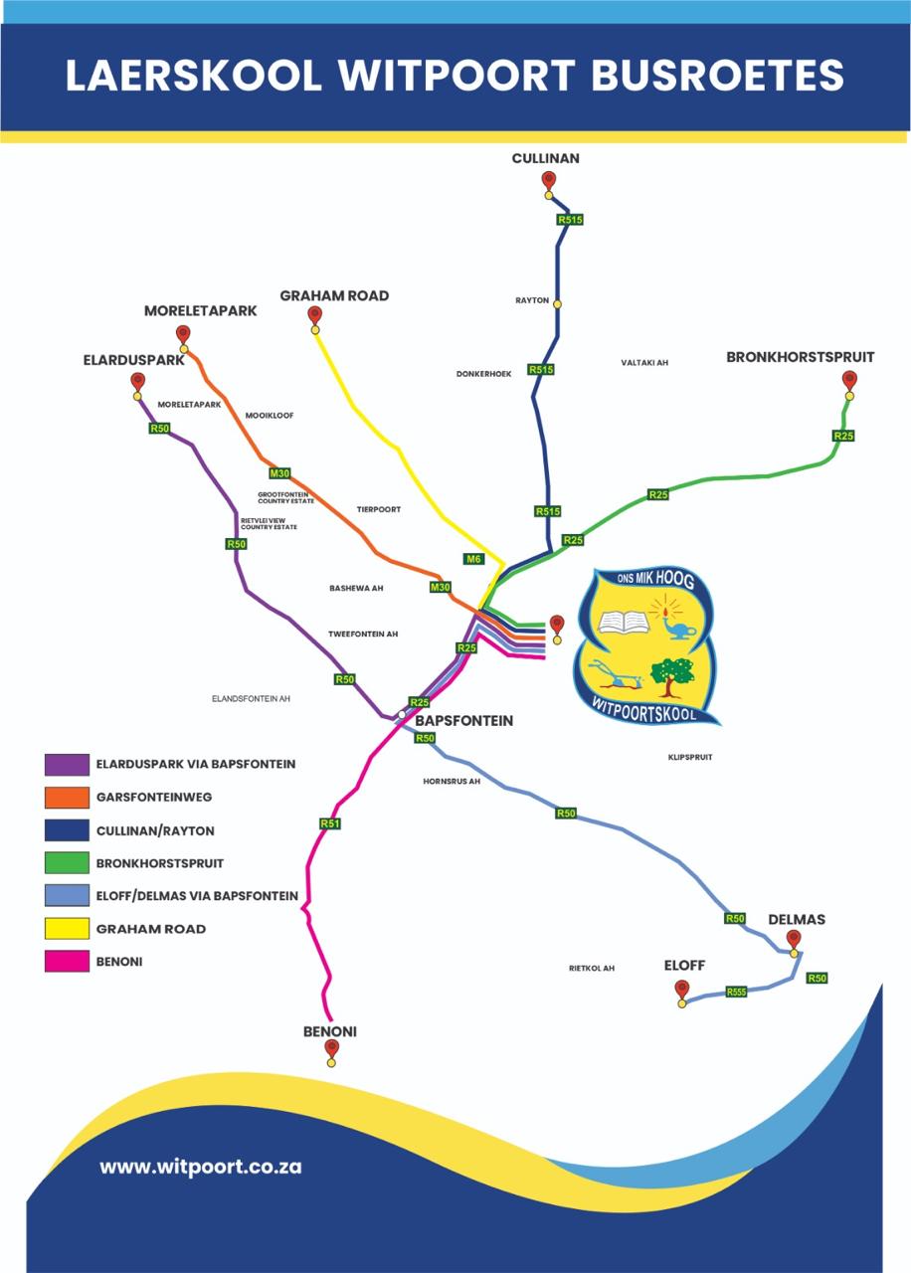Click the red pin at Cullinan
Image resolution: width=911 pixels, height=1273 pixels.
(x=548, y=181)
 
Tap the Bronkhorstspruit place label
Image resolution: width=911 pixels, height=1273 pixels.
(x=801, y=357)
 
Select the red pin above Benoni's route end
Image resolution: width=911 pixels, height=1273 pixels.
(x=331, y=1048)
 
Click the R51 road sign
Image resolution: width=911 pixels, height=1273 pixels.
(x=330, y=823)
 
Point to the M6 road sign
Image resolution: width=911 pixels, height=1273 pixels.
(x=473, y=559)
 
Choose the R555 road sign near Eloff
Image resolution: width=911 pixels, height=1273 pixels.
(x=736, y=993)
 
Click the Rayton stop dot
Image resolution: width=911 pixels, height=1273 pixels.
(x=558, y=304)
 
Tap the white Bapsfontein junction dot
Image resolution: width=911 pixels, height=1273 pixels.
(x=402, y=714)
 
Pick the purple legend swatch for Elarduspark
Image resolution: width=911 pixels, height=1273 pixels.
(x=67, y=765)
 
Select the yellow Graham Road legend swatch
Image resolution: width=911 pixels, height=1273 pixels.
(x=67, y=929)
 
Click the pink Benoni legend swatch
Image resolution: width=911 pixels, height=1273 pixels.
(x=67, y=962)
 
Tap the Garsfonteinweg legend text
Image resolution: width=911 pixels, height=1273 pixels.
(x=154, y=797)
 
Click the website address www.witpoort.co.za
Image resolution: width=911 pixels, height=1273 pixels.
(x=201, y=1167)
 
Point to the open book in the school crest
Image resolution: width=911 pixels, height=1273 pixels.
(x=624, y=623)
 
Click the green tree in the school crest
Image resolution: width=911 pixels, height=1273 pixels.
(x=672, y=676)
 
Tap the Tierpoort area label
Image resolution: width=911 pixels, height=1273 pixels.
(x=379, y=509)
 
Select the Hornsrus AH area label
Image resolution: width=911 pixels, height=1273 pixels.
(x=452, y=782)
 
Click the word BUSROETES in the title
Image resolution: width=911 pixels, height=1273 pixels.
(x=718, y=75)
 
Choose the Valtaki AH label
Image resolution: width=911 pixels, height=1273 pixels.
(x=644, y=362)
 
